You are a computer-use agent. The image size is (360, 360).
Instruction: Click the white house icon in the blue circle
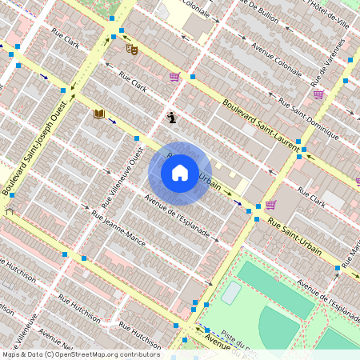tap(180, 173)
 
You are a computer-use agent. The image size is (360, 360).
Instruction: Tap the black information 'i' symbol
tap(172, 118)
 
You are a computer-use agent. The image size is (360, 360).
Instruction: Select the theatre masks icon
tap(132, 49)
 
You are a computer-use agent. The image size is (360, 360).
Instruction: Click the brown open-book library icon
tap(99, 114)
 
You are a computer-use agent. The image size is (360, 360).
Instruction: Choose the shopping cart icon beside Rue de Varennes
tap(318, 94)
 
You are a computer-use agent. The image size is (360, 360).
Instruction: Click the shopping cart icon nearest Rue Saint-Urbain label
tap(270, 204)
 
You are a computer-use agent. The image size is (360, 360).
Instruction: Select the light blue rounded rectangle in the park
tap(231, 293)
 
